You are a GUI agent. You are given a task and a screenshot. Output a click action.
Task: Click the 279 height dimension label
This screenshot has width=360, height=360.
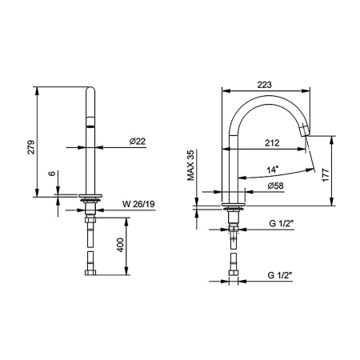coord(31,146)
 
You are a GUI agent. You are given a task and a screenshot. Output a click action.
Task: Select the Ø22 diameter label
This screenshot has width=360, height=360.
coord(138,142)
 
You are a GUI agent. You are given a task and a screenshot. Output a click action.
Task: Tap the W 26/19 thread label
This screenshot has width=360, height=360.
coord(138,204)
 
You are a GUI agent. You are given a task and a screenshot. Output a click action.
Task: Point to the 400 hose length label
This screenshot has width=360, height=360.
coord(120,245)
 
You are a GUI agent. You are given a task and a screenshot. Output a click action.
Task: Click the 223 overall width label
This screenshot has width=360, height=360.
coord(264,85)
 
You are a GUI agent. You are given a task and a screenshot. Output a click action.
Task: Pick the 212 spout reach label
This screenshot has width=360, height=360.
coord(272,143)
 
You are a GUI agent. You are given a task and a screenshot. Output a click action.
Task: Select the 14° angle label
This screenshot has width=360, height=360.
coord(273,170)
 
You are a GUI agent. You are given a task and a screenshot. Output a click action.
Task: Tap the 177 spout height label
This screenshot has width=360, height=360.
coord(326,175)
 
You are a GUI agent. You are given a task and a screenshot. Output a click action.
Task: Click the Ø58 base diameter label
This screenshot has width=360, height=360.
coord(276,186)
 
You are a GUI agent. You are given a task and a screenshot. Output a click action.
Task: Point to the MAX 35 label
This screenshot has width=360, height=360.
coord(191,166)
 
